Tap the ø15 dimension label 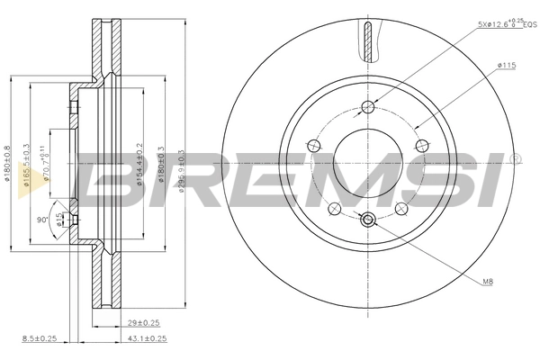coord(61,220)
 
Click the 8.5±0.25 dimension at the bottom coord(39,338)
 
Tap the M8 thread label coord(487,283)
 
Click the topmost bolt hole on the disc coord(367,107)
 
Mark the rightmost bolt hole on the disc coord(420,146)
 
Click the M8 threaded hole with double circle coord(367,219)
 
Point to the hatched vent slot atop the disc coord(367,40)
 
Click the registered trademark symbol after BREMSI coord(515,158)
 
